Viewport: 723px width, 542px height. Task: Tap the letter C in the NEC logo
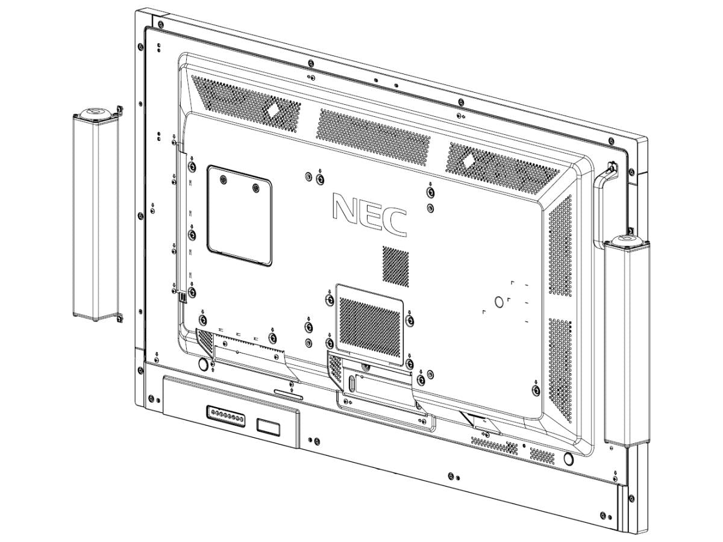[x=395, y=222]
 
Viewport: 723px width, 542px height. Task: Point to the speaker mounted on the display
[x=627, y=341]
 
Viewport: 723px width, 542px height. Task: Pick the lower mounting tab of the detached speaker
[x=120, y=317]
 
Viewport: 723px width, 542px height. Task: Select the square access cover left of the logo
[x=239, y=216]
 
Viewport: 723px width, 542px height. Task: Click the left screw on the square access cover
[x=224, y=179]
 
